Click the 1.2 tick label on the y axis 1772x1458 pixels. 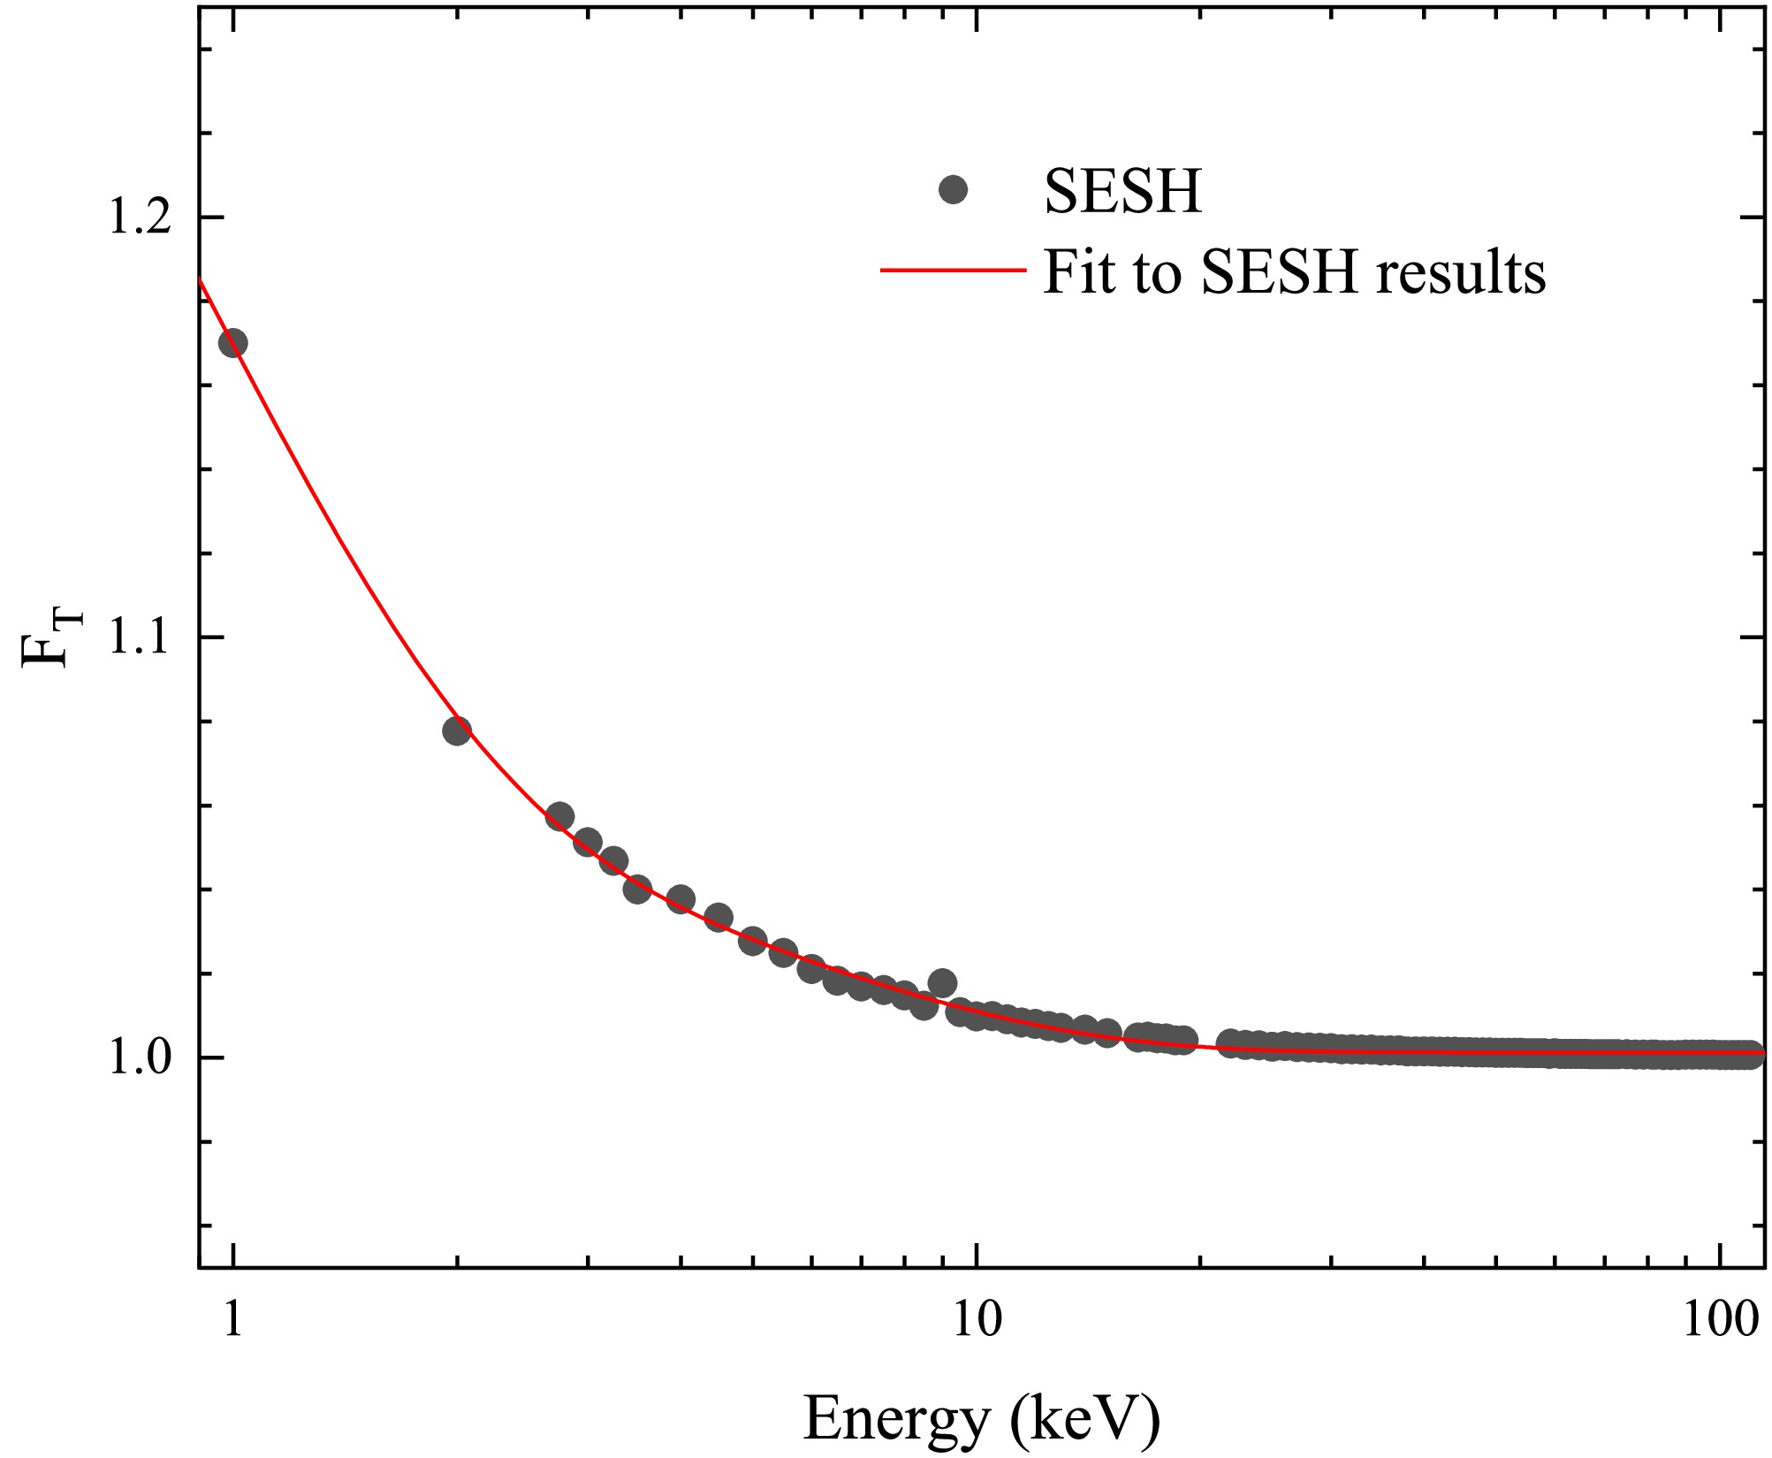click(139, 218)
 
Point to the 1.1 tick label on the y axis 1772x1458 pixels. click(139, 637)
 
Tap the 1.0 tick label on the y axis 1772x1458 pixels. click(139, 1057)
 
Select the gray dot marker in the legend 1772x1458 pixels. click(953, 189)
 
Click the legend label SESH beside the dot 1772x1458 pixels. click(1122, 191)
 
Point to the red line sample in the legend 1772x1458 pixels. click(953, 269)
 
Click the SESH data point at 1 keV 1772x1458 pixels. click(232, 343)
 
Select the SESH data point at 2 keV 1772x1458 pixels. click(456, 731)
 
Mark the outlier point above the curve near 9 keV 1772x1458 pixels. click(942, 982)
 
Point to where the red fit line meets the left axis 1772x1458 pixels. click(201, 280)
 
